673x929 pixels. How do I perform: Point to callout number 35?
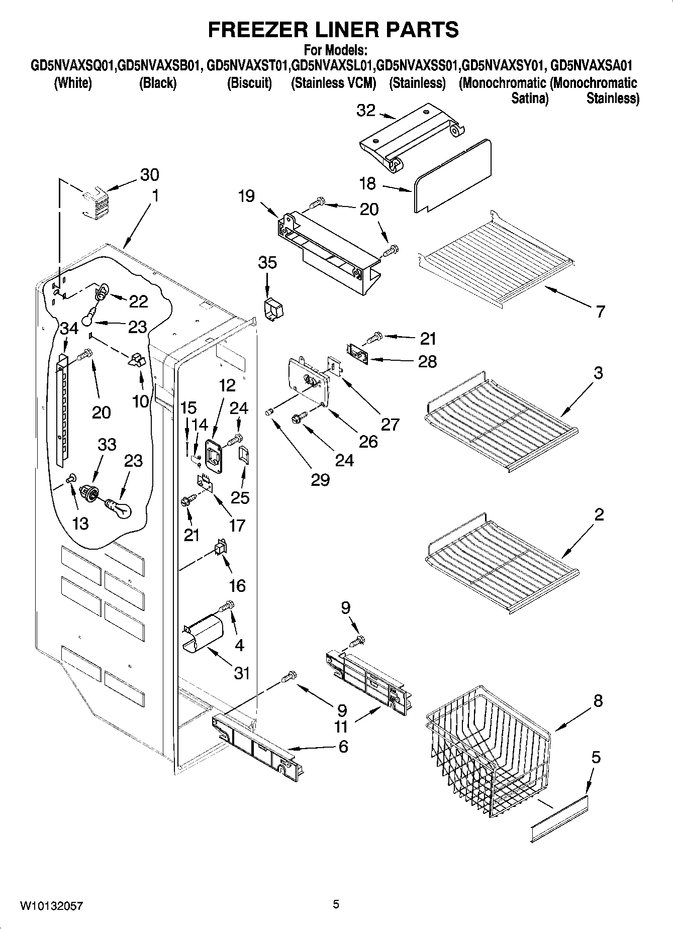267,262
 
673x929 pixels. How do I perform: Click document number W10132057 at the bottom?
52,905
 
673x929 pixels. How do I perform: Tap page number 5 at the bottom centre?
336,904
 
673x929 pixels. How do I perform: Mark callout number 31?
242,672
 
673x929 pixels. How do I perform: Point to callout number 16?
237,585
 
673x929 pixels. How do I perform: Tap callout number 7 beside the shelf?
600,312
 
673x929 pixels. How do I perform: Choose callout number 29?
320,480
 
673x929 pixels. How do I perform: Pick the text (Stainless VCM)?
333,83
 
